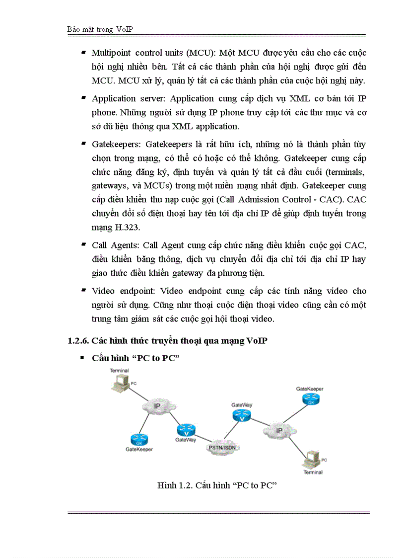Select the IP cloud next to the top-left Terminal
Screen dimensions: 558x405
(x=157, y=406)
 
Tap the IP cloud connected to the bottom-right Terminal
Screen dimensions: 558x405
(x=278, y=430)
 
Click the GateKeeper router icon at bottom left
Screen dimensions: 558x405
(x=137, y=439)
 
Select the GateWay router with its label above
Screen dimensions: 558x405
(x=242, y=415)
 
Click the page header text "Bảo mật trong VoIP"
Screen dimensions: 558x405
(x=100, y=29)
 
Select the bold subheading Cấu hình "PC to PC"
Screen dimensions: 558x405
(x=135, y=358)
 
